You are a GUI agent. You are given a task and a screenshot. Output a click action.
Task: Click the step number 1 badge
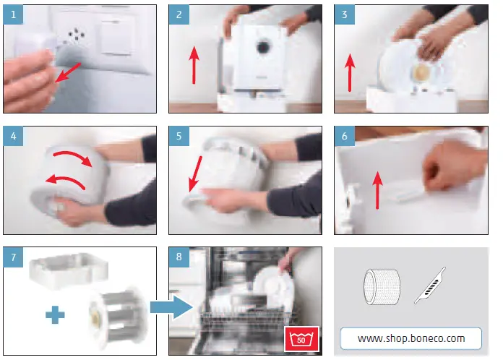[13, 14]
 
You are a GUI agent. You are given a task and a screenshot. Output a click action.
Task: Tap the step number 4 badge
[13, 136]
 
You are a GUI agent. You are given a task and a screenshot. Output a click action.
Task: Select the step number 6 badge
[345, 136]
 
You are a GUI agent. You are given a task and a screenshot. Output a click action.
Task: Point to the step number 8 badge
[179, 257]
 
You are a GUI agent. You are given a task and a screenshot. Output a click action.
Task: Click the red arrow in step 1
[68, 72]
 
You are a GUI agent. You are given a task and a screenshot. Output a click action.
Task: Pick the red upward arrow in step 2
[194, 65]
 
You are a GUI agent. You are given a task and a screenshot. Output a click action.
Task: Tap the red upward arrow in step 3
[350, 72]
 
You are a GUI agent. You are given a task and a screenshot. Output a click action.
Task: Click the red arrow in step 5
[195, 174]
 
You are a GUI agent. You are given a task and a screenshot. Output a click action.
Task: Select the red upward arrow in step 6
[377, 190]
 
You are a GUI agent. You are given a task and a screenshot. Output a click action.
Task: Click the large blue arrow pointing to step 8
[171, 307]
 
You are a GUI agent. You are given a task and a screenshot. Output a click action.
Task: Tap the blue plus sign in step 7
[55, 314]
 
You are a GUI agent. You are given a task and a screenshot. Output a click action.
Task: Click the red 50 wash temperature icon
[301, 339]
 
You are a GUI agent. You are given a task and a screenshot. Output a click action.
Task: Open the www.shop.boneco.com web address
[411, 338]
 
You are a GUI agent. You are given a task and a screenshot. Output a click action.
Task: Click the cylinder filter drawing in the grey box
[382, 287]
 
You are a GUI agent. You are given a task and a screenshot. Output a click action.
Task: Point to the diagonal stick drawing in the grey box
[430, 286]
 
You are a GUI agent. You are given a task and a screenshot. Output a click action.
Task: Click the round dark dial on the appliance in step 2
[263, 47]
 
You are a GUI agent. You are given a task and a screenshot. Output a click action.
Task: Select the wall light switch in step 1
[116, 37]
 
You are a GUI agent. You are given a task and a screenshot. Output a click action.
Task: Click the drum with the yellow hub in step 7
[118, 317]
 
